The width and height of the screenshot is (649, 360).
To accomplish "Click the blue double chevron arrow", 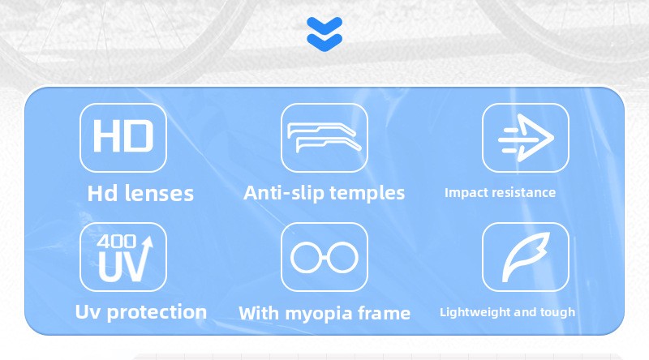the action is (x=324, y=34).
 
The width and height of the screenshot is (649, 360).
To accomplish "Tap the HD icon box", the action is (x=123, y=138).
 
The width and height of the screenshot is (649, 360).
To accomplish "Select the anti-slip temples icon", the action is (x=324, y=138).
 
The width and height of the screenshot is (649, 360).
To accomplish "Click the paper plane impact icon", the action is (x=526, y=138).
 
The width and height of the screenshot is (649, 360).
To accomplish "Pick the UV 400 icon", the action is (x=123, y=257).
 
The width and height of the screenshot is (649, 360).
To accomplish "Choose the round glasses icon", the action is (x=324, y=257).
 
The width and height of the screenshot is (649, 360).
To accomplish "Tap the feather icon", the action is (x=526, y=257).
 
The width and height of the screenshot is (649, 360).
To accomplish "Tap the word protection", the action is (x=157, y=312).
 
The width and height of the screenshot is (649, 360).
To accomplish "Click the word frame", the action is (x=384, y=313).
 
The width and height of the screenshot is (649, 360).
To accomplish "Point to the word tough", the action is (x=560, y=312).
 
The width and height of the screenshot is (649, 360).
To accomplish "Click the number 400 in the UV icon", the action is (x=116, y=241).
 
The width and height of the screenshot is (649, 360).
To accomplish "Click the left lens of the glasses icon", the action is (x=306, y=257).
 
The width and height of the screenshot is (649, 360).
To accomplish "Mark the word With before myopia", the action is (x=259, y=313).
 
